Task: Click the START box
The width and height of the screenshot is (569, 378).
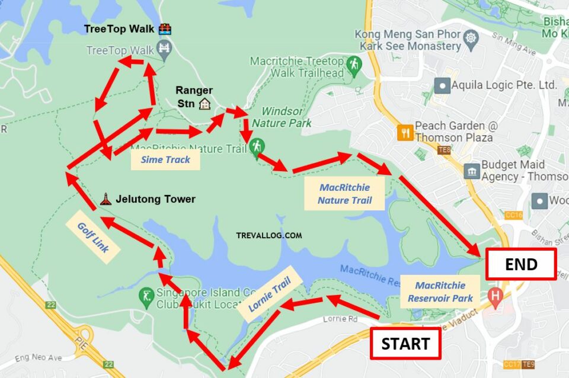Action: tap(405, 343)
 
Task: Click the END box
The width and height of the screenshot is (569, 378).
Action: tap(520, 264)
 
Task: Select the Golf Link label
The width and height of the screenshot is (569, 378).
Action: tap(94, 238)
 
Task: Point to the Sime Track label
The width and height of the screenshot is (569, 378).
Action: tap(165, 159)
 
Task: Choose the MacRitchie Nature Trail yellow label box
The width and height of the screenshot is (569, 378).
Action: tap(344, 194)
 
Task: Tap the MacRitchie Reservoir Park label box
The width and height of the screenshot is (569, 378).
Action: tap(440, 291)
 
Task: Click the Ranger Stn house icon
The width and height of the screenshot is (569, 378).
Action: tap(205, 104)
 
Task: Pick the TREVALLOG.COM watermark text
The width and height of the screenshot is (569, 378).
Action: tap(268, 235)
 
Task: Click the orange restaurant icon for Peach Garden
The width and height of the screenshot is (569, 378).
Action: tap(405, 132)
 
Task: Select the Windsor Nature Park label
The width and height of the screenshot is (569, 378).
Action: tap(282, 117)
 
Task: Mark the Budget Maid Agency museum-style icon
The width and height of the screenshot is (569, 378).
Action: tap(472, 171)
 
